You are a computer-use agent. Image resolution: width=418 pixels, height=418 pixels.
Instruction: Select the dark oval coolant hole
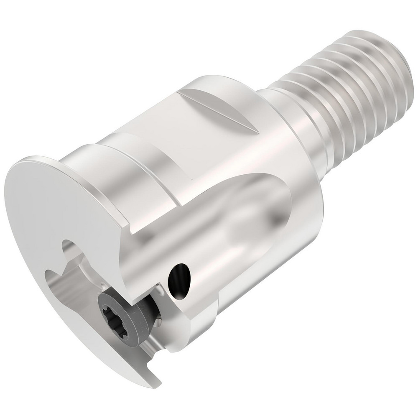click(178, 276)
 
